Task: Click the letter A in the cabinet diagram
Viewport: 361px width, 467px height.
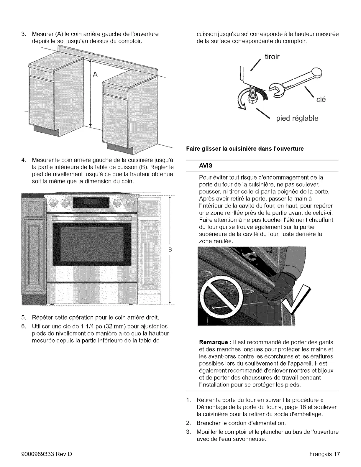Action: point(95,74)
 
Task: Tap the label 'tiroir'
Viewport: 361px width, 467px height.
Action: point(272,57)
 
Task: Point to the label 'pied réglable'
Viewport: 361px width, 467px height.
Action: point(297,119)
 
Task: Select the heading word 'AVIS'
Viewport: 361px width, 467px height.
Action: point(206,166)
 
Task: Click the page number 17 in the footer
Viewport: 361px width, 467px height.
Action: point(337,454)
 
